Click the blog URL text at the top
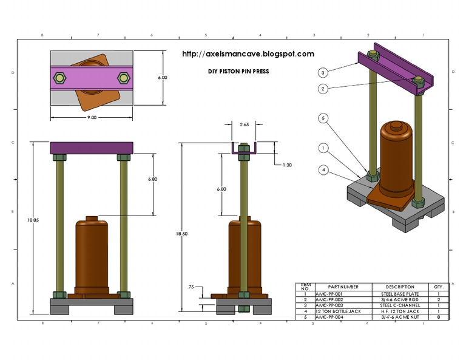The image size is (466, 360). pos(248,54)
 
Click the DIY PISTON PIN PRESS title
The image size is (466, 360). pos(238,71)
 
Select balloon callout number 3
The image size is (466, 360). pos(323,72)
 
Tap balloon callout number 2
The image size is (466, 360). pos(323,89)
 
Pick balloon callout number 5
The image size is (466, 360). pos(323,118)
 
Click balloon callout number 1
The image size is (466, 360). pos(323,148)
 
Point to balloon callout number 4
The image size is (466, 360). pos(323,171)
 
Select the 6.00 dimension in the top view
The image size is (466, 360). pos(163,78)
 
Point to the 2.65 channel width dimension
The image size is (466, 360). pos(244,124)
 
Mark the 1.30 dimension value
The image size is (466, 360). pos(288,165)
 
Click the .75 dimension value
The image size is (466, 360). pos(192,287)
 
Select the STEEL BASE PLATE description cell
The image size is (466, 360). pos(399,293)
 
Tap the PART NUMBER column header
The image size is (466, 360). pos(343,287)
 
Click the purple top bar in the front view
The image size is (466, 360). pos(91,148)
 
